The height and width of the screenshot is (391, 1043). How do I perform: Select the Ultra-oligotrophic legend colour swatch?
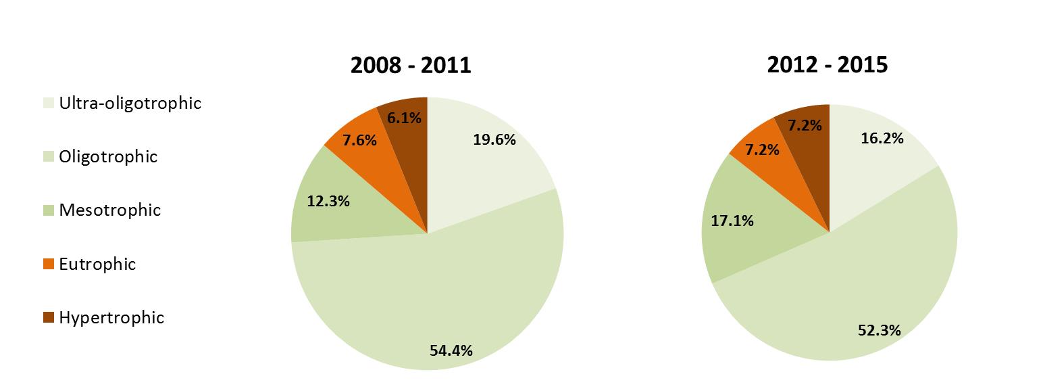click(47, 103)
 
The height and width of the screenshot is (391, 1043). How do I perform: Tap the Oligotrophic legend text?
click(108, 157)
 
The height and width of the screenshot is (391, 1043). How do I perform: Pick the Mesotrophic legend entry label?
click(109, 210)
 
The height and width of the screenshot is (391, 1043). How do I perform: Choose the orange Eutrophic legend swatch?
click(47, 264)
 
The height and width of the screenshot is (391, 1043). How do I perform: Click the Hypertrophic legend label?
click(111, 318)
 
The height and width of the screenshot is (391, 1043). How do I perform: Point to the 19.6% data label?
click(494, 140)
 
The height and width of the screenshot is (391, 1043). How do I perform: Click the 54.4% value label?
click(451, 350)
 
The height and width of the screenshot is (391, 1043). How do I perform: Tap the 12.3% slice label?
click(328, 201)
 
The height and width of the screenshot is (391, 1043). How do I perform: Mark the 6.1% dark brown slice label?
click(405, 118)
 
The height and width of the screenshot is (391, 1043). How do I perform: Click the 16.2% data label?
click(882, 138)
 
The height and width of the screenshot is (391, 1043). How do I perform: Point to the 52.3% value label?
click(880, 330)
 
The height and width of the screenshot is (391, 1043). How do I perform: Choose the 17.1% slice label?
click(732, 221)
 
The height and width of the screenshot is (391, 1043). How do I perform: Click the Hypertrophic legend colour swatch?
click(47, 318)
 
